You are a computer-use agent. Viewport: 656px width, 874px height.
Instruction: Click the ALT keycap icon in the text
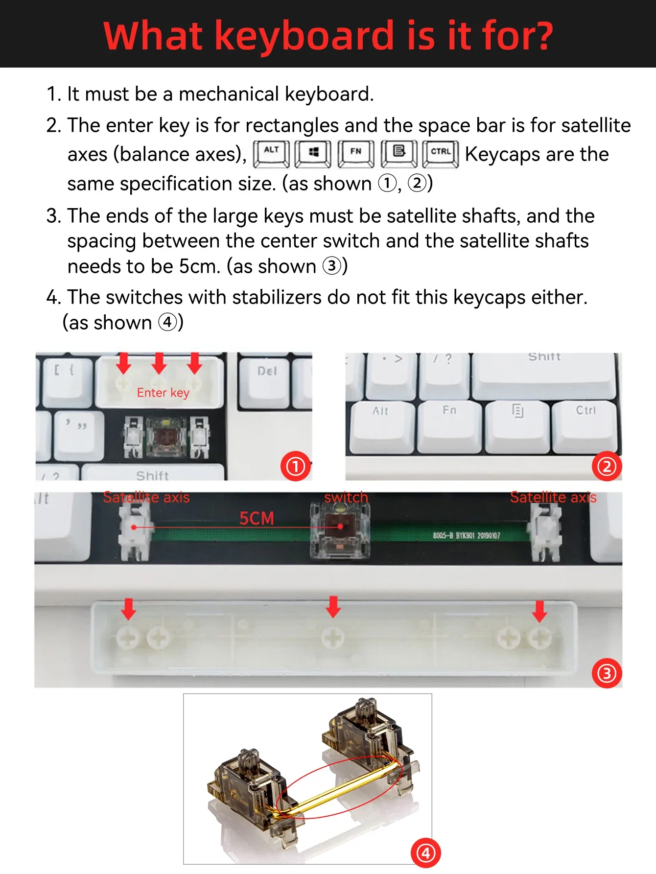coord(271,153)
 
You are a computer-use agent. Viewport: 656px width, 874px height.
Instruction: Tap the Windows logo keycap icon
coord(313,153)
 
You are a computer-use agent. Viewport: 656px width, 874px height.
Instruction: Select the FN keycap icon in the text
coord(355,153)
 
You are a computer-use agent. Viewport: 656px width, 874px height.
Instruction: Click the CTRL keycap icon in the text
coord(440,153)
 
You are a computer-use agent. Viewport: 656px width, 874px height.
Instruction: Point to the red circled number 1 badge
coord(296,466)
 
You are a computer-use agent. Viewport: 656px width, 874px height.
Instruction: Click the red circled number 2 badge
coord(607,466)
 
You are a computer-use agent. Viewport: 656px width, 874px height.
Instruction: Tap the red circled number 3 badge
coord(607,673)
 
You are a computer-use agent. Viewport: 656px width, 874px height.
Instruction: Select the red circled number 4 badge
coord(425,853)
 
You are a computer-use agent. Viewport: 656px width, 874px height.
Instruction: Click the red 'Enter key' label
coord(163,393)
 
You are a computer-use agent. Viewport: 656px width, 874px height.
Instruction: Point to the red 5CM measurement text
coord(256,518)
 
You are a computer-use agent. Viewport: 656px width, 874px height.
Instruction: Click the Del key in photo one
coord(267,377)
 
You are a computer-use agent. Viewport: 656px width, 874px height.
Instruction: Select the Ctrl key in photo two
coord(585,424)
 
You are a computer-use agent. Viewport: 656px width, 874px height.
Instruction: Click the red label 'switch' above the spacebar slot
coord(346,497)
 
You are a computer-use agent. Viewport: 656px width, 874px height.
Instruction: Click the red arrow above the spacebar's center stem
coord(333,606)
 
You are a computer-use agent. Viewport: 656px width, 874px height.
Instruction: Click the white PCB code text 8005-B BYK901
coord(466,536)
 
